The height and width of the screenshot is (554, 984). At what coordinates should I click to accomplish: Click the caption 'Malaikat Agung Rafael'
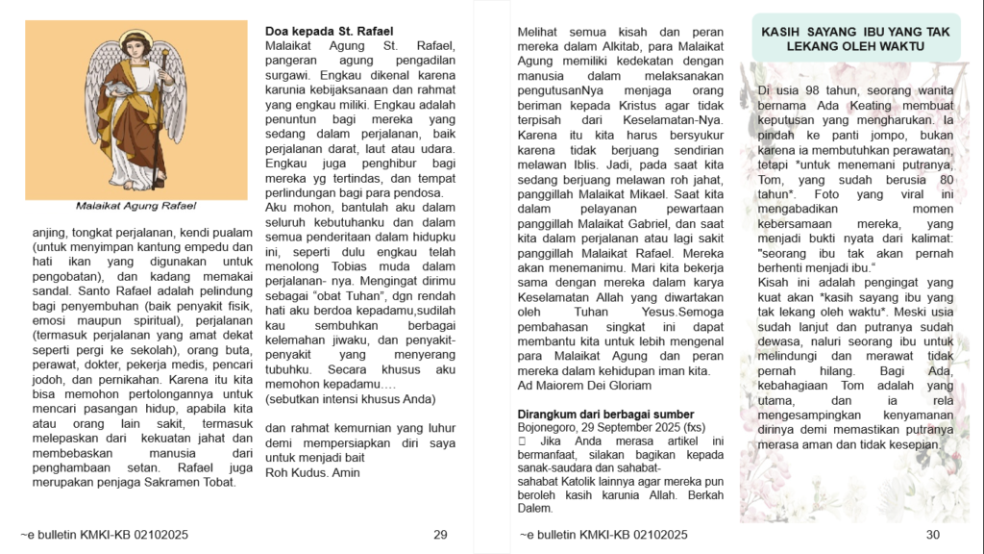tap(135, 205)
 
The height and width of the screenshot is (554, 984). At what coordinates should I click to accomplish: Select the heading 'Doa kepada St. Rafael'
tap(329, 32)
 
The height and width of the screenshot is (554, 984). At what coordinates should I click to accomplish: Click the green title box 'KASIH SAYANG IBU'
tap(855, 38)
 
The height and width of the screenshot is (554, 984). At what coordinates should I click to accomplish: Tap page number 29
tap(441, 535)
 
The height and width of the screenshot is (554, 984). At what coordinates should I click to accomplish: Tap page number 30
tap(932, 535)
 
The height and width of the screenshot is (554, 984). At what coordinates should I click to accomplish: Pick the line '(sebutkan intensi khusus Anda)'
tap(350, 398)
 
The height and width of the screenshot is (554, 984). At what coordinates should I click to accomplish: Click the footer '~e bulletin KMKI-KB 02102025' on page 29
tap(104, 535)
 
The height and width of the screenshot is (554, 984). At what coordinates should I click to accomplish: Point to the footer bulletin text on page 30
tap(603, 535)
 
